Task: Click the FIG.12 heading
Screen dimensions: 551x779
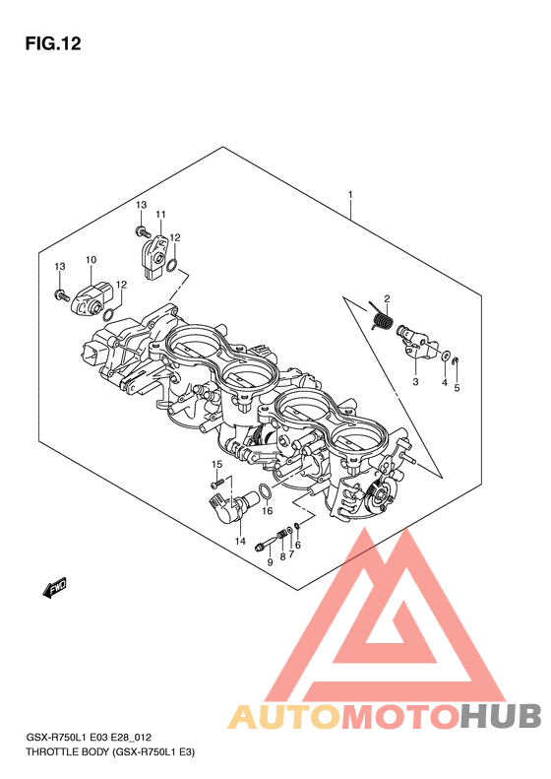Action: [x=53, y=43]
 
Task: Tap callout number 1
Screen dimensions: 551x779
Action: [x=350, y=194]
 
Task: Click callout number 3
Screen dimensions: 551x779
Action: [x=415, y=381]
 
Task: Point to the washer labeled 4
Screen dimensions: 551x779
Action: [x=446, y=356]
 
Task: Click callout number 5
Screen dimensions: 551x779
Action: [x=457, y=387]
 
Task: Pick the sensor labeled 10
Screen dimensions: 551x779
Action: [x=90, y=299]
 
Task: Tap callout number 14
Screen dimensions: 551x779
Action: [x=240, y=541]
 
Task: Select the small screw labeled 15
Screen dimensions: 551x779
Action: [x=214, y=484]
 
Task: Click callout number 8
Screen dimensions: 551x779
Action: [x=283, y=556]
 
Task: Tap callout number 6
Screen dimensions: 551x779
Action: [x=298, y=545]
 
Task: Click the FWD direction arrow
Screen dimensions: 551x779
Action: [x=53, y=587]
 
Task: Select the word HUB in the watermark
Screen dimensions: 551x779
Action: [x=501, y=716]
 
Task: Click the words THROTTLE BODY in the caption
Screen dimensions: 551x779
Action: [x=67, y=752]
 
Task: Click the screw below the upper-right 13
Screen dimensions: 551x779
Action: [x=143, y=230]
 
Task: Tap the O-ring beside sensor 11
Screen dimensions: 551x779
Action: [x=172, y=265]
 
